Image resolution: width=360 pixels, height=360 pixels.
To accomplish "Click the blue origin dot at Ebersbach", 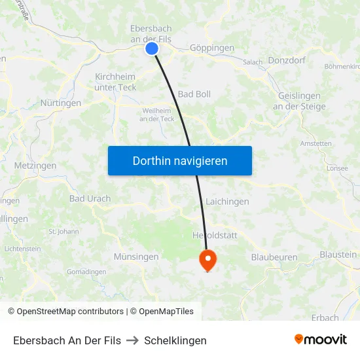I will tap(152, 48).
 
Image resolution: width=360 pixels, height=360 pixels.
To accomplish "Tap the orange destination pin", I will tap(208, 259).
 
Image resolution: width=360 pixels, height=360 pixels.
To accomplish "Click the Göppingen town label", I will tap(211, 48).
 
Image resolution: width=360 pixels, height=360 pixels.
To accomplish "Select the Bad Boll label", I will tap(194, 94).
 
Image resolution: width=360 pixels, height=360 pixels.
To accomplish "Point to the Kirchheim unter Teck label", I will tap(116, 82).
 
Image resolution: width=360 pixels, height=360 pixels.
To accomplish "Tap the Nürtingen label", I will tap(61, 103).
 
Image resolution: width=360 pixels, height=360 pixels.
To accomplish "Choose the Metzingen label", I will tap(35, 166).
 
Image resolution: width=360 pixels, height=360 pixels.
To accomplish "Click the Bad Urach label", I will tap(90, 198).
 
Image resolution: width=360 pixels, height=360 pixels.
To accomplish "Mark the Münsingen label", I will tap(136, 257).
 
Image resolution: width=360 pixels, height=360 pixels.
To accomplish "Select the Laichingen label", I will tap(227, 202).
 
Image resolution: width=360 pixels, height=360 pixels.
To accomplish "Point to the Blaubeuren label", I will tap(274, 257).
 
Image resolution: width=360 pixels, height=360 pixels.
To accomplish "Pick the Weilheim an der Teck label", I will tap(157, 115).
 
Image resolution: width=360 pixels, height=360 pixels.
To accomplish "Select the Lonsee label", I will tap(337, 168).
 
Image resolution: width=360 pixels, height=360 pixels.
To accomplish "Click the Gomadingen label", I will tap(86, 272).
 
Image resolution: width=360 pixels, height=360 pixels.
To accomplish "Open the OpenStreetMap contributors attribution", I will tap(66, 312).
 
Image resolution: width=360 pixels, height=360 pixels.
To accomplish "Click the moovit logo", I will tap(321, 339).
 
